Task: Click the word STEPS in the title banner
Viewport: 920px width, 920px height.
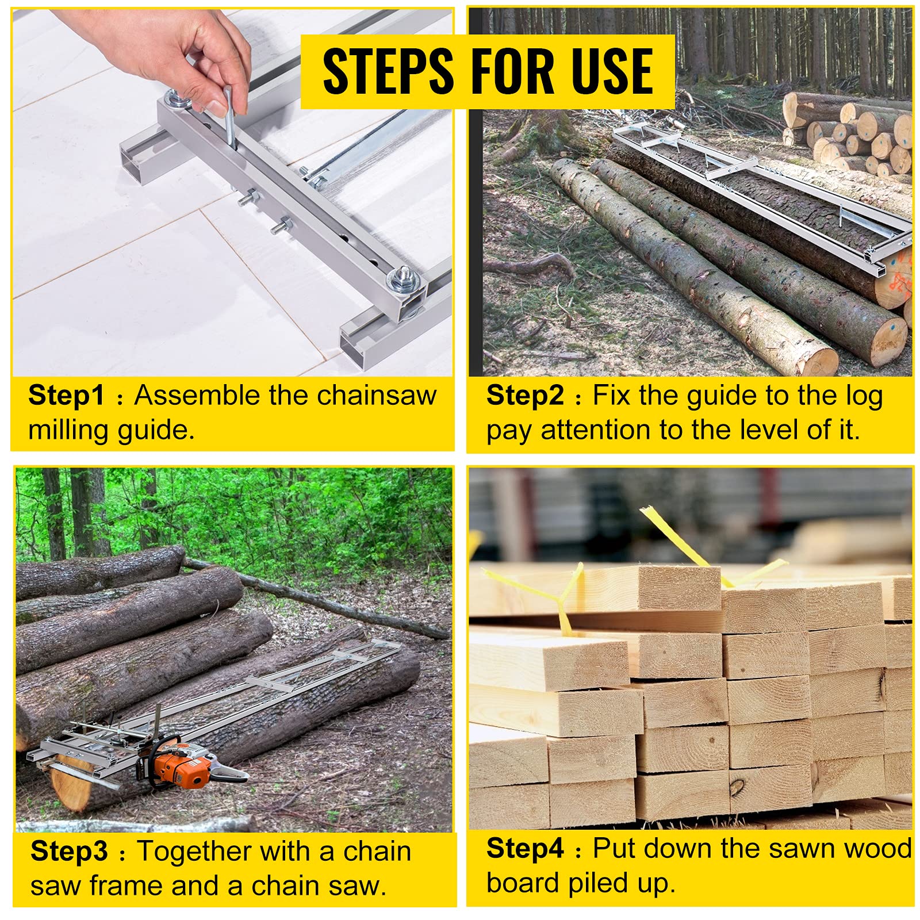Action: pyautogui.click(x=388, y=71)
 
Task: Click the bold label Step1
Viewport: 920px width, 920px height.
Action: pyautogui.click(x=66, y=396)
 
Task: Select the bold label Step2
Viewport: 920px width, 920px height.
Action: pyautogui.click(x=524, y=396)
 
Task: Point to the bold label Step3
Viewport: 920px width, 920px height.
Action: pyautogui.click(x=69, y=851)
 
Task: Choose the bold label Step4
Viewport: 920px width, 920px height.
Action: pyautogui.click(x=524, y=848)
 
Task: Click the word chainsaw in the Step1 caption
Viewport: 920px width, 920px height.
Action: pyautogui.click(x=377, y=396)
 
